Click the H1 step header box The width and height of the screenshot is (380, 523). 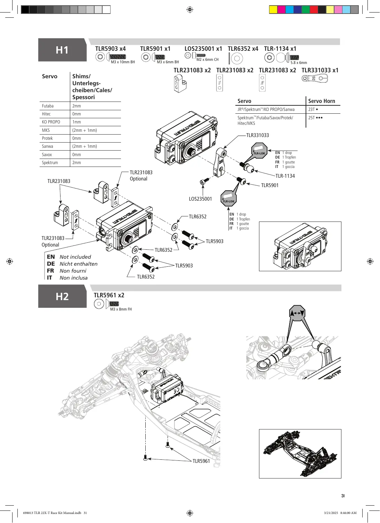point(62,50)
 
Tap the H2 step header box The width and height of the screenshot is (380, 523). point(62,296)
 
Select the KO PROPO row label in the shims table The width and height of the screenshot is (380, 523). point(51,122)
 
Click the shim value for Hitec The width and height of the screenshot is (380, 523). point(76,114)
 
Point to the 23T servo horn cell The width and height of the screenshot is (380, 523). point(313,109)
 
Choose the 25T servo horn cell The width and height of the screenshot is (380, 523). point(315,118)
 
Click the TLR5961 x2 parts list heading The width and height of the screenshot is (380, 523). point(109,295)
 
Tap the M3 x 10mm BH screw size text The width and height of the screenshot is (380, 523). point(123,62)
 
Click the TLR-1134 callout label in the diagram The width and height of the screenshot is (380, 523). point(285,176)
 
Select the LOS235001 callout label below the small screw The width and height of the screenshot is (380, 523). point(200,199)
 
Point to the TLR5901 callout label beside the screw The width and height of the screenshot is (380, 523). point(269,185)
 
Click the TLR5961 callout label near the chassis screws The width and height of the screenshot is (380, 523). point(201,461)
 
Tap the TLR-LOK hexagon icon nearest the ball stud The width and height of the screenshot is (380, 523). point(259,151)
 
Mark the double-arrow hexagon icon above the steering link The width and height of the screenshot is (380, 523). point(297,313)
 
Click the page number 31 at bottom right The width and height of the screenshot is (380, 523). point(343,496)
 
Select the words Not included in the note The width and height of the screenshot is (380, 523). point(75,257)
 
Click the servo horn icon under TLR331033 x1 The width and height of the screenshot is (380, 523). point(314,78)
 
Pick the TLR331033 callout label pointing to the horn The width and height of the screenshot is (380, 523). point(258,135)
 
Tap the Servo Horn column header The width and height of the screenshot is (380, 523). point(321,101)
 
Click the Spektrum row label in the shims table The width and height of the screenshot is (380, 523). point(50,162)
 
